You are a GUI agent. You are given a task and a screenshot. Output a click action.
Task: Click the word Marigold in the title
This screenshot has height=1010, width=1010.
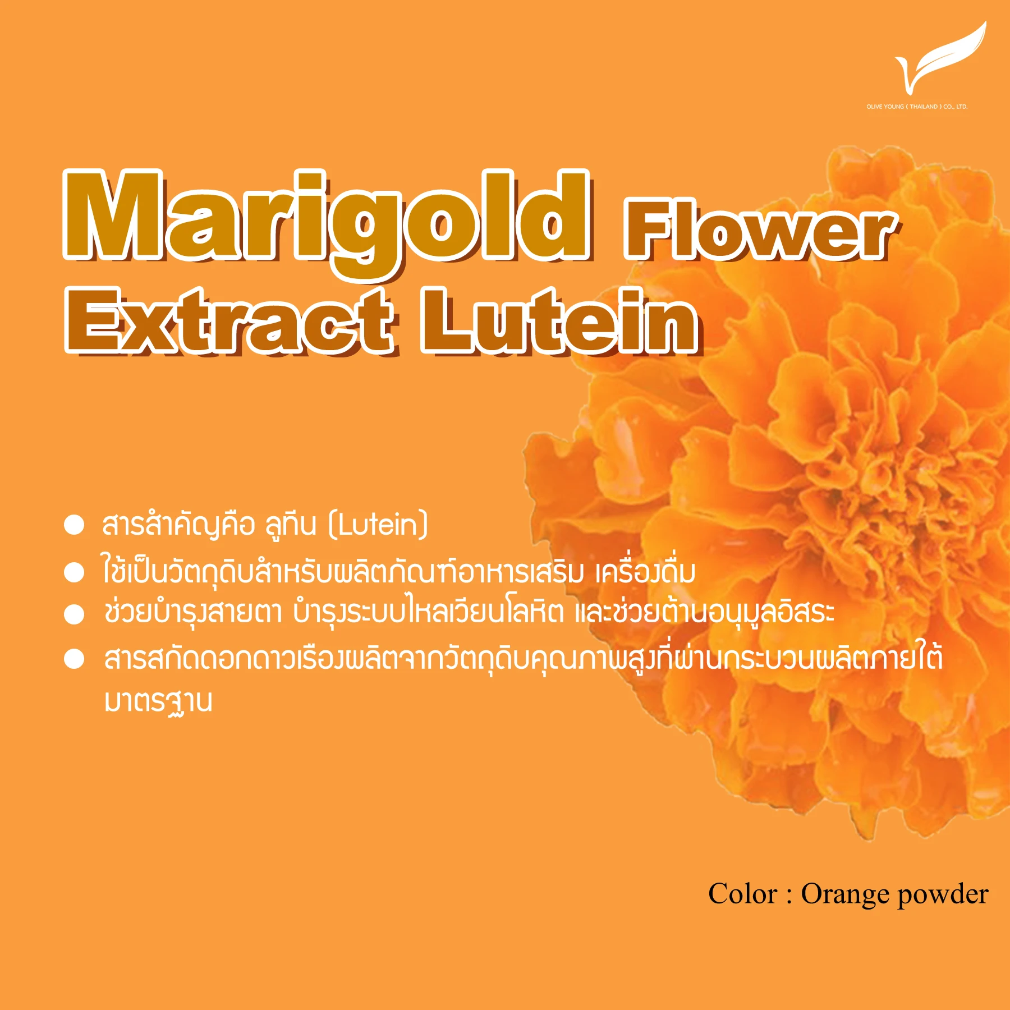327,222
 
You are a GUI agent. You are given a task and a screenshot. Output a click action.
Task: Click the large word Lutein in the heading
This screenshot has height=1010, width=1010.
559,321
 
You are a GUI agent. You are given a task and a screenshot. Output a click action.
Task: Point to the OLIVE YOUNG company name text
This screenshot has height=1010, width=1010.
917,107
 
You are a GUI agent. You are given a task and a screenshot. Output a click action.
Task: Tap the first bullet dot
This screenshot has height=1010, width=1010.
74,525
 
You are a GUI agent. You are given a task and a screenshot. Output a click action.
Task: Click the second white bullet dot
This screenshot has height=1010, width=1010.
74,573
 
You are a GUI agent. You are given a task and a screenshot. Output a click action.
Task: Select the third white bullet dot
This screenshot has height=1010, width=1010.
74,614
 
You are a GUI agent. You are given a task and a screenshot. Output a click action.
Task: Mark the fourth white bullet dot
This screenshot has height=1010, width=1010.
74,659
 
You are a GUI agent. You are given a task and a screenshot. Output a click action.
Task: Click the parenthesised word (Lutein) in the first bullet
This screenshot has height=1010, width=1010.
378,525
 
